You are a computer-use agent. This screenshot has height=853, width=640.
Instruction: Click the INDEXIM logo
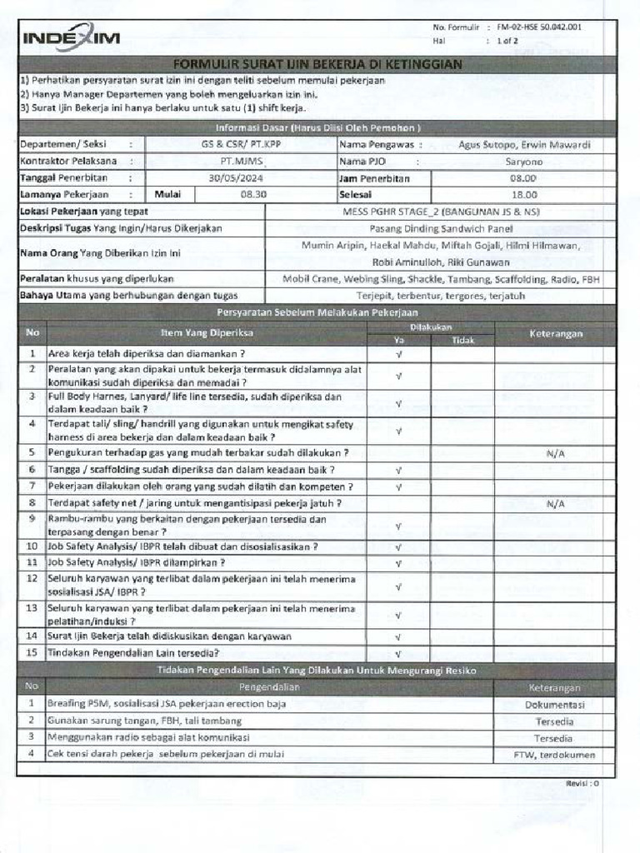(x=71, y=38)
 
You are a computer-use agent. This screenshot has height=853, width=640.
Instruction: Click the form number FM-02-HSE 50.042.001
(x=539, y=27)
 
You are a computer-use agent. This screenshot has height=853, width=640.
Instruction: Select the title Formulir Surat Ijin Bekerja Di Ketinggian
(x=317, y=64)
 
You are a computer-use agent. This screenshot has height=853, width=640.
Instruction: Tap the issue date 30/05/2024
(x=240, y=178)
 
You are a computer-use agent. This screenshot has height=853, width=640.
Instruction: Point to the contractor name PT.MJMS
(x=240, y=161)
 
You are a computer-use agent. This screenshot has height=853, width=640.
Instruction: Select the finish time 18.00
(x=522, y=194)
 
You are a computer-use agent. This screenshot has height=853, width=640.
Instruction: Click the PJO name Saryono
(x=523, y=161)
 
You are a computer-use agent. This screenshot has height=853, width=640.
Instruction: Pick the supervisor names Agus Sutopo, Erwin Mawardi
(x=524, y=144)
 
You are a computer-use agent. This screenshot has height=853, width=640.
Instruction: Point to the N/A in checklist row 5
(x=555, y=453)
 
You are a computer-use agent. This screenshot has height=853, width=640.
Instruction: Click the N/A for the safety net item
(x=555, y=504)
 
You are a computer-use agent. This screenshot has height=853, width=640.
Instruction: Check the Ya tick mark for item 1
(x=398, y=353)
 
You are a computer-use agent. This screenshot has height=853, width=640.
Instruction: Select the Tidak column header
(x=462, y=340)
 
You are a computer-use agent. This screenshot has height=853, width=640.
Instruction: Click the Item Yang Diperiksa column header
(x=208, y=333)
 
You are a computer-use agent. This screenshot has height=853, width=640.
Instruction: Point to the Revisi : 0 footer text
(x=582, y=784)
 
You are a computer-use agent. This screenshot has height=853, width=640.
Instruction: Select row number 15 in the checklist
(x=32, y=652)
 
